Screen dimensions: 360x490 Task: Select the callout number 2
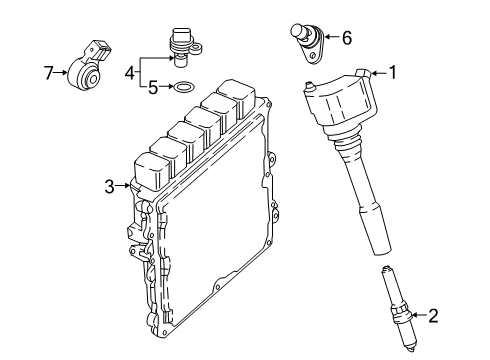point(433,317)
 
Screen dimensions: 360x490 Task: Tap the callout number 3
point(109,185)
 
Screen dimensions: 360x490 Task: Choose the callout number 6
point(346,39)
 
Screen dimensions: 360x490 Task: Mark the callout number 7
point(47,71)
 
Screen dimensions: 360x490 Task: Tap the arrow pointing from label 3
point(124,185)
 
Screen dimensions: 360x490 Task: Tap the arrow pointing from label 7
point(63,71)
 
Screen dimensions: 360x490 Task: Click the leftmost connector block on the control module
point(161,166)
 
